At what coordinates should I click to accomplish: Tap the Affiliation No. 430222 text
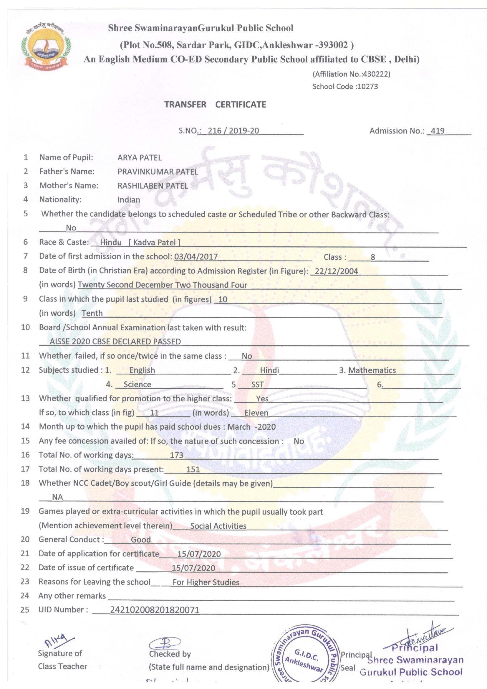click(x=351, y=74)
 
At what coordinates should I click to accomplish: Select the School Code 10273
click(x=345, y=87)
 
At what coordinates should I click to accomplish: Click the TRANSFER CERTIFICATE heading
click(x=215, y=104)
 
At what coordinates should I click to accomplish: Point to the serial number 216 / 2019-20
click(x=233, y=131)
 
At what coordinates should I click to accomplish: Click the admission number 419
click(x=437, y=131)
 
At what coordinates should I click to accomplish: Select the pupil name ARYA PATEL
click(x=140, y=158)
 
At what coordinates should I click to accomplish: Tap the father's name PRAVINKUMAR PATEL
click(x=158, y=172)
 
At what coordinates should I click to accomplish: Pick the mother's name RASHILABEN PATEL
click(x=153, y=186)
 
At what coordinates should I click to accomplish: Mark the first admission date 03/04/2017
click(x=196, y=257)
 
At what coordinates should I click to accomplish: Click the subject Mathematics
click(x=372, y=370)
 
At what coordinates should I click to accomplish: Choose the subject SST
click(x=258, y=384)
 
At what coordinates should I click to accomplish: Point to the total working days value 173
click(x=176, y=455)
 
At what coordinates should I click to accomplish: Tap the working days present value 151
click(x=193, y=469)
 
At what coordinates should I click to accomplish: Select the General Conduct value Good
click(x=141, y=540)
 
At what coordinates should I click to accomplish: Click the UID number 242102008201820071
click(x=155, y=610)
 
